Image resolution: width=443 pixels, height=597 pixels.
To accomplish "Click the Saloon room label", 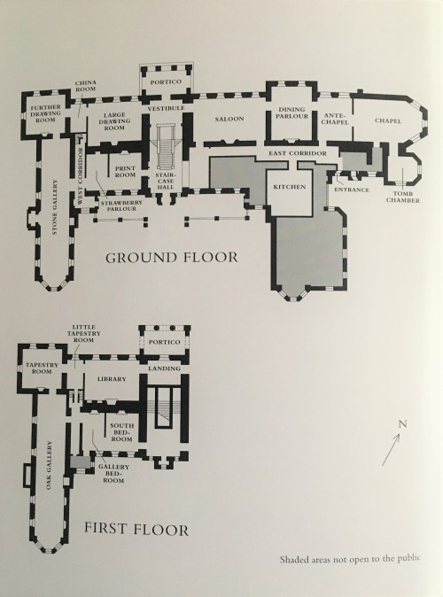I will [229, 119].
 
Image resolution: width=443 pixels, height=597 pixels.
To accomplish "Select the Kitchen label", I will [290, 188].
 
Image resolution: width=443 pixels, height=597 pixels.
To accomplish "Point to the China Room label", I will [86, 86].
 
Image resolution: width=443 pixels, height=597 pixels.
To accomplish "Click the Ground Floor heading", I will [172, 259].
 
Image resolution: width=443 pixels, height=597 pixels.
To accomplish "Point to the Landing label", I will [168, 368].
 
